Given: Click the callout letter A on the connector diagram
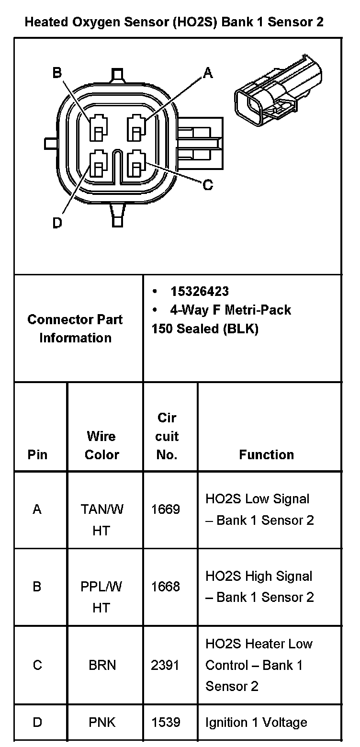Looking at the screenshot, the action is click(208, 73).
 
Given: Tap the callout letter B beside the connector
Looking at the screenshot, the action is click(57, 73).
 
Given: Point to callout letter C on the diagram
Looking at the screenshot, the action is click(208, 185).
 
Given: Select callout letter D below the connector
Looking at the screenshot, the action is click(57, 223).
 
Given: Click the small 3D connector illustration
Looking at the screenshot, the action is click(278, 91).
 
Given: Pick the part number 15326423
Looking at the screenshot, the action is click(199, 292).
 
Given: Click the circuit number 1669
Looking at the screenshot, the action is click(166, 509).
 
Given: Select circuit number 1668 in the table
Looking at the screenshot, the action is click(166, 587).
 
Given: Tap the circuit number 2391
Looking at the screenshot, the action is click(166, 665).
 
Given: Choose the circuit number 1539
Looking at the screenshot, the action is click(166, 722).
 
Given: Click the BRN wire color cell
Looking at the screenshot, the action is click(102, 665).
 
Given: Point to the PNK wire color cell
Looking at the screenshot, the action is click(102, 722).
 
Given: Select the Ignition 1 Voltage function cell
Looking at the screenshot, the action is click(256, 722).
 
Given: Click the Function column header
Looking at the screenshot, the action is click(266, 454).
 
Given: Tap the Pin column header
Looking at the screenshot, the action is click(38, 454).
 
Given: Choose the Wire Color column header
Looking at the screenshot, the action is click(101, 445).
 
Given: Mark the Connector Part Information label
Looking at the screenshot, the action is click(75, 328).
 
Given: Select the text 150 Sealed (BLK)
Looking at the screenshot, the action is click(205, 329).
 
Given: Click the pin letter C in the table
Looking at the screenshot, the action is click(37, 665).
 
